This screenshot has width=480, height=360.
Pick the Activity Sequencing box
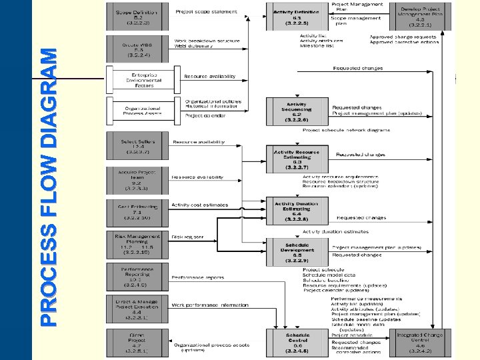297,111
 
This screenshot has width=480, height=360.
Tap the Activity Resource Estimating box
297,159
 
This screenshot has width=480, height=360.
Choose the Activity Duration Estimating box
297,210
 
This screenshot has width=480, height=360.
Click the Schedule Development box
297,253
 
